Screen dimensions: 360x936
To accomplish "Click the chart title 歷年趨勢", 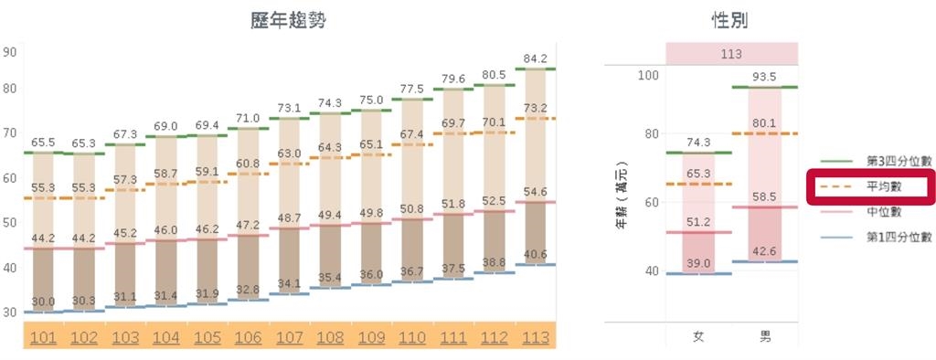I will click(288, 20).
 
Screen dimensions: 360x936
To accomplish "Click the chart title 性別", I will click(730, 20).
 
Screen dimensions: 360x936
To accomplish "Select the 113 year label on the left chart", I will click(534, 337).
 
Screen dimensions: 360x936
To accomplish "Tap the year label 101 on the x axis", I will click(43, 337).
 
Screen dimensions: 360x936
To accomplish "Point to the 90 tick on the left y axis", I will click(10, 52).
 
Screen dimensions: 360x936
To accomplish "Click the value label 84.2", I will click(534, 58).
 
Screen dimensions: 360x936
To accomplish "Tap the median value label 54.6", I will click(534, 192).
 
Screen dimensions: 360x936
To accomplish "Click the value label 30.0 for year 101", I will click(43, 302).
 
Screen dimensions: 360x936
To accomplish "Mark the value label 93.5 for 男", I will click(765, 76).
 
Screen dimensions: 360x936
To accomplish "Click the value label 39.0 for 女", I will click(698, 263).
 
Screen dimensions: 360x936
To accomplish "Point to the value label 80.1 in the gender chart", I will click(765, 123).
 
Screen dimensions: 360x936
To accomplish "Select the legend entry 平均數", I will click(884, 186).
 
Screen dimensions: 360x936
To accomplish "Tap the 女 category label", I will click(698, 336).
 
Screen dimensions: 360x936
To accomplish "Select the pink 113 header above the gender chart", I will click(731, 54).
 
